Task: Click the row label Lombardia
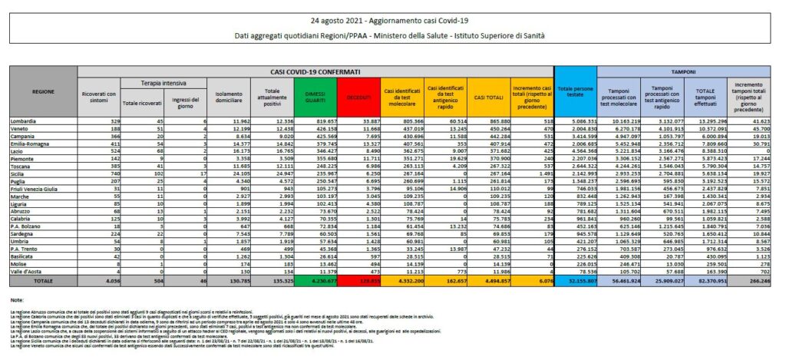pyautogui.click(x=26, y=122)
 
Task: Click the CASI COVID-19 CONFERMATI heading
pyautogui.click(x=315, y=71)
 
